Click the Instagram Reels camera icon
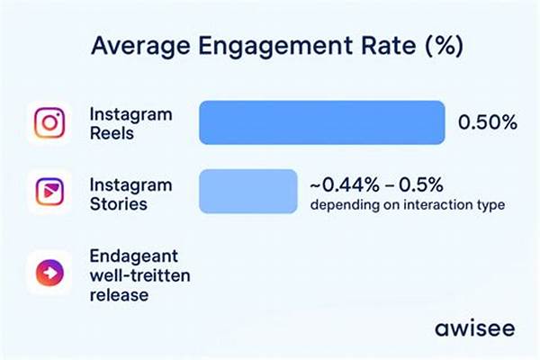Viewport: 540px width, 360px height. point(49,123)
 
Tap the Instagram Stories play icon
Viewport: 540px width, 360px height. point(49,192)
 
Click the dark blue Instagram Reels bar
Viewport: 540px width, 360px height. point(321,123)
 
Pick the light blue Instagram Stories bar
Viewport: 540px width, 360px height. point(247,191)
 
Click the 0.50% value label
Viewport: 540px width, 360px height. point(488,123)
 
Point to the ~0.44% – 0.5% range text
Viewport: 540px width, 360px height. point(378,184)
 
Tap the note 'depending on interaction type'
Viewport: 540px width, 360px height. point(407,204)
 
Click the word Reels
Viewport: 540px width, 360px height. point(112,133)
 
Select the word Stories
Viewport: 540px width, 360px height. point(119,204)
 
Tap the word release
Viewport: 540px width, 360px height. point(120,294)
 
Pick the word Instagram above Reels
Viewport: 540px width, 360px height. point(130,114)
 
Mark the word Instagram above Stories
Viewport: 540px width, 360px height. point(130,184)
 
